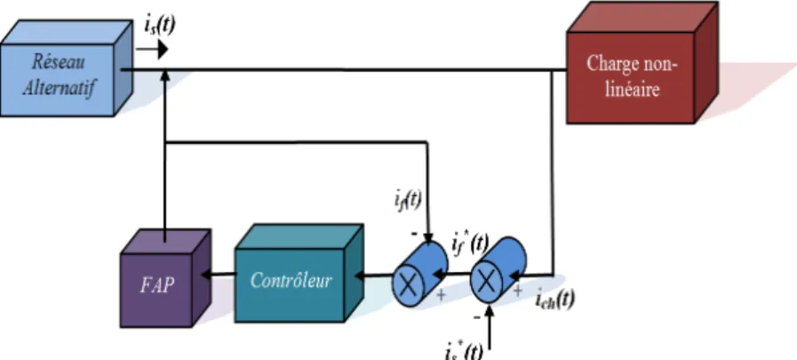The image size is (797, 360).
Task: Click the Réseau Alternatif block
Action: coord(66,68)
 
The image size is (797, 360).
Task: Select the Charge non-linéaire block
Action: coord(642,62)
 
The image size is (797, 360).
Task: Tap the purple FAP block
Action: coord(165,278)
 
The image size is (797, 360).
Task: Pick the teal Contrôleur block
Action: coord(299,274)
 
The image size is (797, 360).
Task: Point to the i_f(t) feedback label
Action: coord(408,200)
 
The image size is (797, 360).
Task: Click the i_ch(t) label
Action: coord(555,300)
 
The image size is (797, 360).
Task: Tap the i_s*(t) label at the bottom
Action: coord(464,351)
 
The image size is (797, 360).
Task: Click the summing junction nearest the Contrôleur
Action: coord(420,275)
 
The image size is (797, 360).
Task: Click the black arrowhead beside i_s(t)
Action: coord(163,49)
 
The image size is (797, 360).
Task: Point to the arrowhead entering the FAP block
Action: coord(206,275)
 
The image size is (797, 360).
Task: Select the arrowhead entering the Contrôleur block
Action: coord(359,276)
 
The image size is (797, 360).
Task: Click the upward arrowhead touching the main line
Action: coord(164,76)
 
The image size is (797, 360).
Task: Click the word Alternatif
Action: coord(60,87)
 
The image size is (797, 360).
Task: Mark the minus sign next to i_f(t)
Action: coord(414,234)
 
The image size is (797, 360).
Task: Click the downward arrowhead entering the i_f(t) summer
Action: coord(428,238)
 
